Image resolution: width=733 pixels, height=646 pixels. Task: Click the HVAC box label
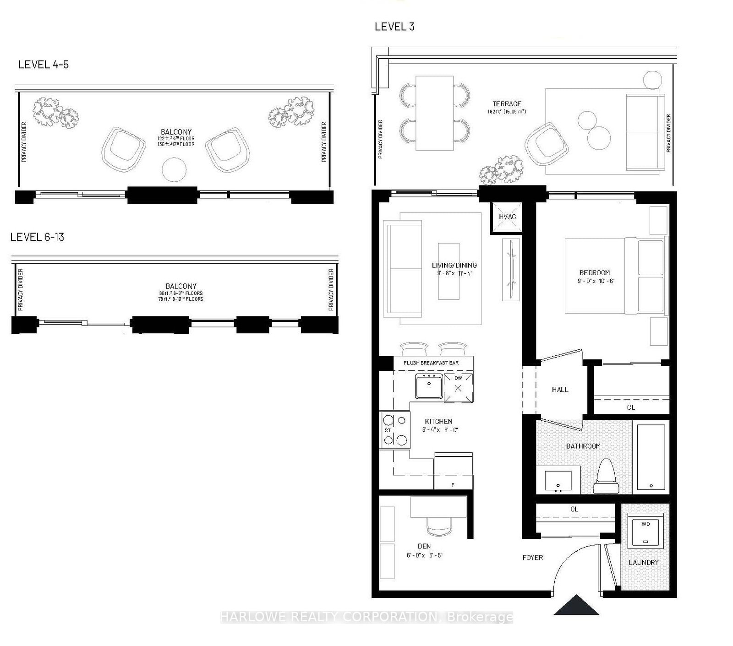pos(507,217)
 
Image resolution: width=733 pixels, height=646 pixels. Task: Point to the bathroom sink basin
pos(558,481)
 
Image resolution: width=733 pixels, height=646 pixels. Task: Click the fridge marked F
pos(453,472)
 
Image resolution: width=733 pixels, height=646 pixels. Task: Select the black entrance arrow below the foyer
pos(576,605)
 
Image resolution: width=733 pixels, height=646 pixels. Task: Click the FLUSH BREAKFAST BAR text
pos(431,363)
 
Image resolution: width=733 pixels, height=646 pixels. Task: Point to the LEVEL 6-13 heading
pos(37,237)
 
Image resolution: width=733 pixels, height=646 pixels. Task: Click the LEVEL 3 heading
pos(394,27)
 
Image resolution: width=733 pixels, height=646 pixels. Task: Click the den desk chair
pos(439,525)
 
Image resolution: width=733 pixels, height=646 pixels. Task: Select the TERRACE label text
pos(507,104)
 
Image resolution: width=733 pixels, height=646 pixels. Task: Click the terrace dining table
pos(434,113)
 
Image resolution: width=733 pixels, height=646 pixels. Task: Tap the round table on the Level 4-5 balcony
pos(175,169)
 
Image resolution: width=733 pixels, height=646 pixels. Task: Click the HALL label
pos(560,390)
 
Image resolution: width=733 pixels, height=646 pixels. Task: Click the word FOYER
pos(532,558)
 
